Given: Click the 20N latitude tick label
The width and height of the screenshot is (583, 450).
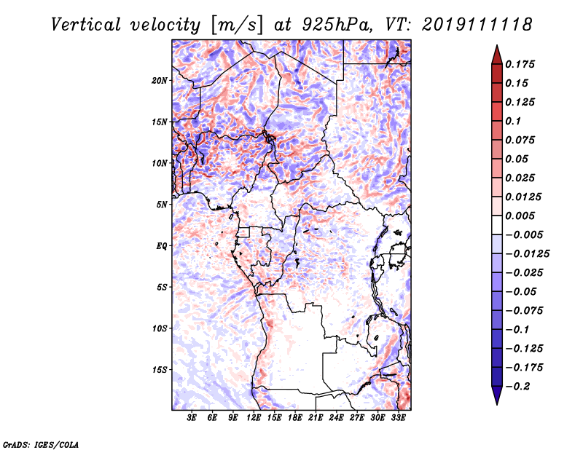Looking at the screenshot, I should pos(160,80).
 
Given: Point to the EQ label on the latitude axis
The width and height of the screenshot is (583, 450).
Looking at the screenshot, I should pos(161,246).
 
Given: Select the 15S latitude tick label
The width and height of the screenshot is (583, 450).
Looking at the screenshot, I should pos(160,370).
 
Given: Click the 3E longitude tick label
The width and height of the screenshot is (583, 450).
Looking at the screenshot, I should pos(192,419).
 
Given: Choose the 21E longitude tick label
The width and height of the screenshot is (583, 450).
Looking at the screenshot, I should pos(316,419).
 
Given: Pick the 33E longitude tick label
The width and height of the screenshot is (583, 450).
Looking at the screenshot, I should pos(398,419).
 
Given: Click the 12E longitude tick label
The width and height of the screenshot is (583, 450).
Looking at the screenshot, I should pos(254,419).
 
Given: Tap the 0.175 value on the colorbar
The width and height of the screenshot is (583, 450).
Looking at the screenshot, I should pos(520,64).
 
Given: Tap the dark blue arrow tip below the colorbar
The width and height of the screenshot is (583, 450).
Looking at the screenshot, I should pos(496,398).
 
